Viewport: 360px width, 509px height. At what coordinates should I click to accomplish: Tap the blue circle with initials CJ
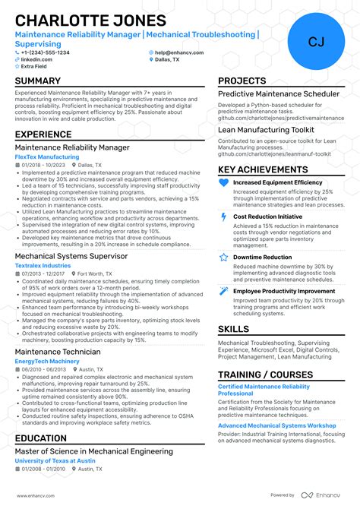tap(316, 41)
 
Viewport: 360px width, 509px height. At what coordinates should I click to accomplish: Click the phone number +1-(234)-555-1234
tap(46, 52)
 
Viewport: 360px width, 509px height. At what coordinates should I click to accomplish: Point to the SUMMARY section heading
tap(38, 81)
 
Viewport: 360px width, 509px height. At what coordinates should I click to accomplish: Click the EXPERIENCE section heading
tap(44, 134)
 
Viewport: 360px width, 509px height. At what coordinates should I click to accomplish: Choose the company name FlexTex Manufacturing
tap(47, 156)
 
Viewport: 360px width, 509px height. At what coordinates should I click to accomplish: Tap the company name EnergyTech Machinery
tap(48, 362)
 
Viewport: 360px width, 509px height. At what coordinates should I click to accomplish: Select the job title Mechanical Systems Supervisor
tap(72, 256)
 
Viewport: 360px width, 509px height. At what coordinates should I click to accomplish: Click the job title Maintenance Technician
tap(58, 352)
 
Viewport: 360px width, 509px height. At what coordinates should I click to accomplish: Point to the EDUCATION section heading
tap(41, 438)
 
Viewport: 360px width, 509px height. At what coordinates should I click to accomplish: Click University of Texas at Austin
tap(55, 461)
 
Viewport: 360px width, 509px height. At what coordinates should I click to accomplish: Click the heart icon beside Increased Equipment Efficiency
tap(223, 183)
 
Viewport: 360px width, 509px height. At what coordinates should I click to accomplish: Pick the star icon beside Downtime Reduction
tap(223, 257)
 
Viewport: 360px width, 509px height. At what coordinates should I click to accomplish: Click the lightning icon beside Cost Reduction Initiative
tap(223, 217)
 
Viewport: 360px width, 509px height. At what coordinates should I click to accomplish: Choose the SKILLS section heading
tap(233, 329)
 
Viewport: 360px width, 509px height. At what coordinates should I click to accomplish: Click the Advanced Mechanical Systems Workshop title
tap(277, 425)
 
